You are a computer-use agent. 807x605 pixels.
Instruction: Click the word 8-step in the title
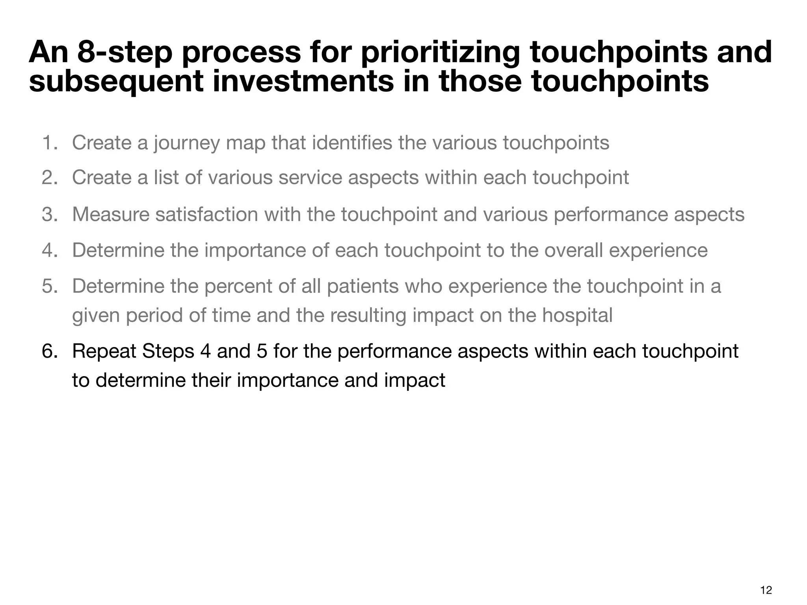click(x=125, y=52)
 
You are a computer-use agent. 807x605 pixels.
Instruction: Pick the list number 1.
click(x=49, y=143)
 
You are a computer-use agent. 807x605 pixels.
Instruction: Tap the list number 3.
click(x=49, y=215)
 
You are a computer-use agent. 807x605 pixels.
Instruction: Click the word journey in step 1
click(x=186, y=143)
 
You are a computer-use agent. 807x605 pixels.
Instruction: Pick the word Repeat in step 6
click(x=104, y=352)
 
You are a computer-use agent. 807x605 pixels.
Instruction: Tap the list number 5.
click(x=49, y=286)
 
